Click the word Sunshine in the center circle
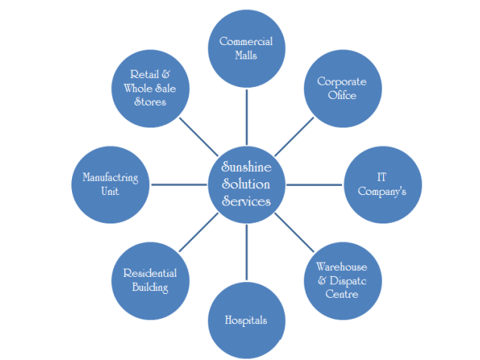pos(246,166)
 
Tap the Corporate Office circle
pos(341,88)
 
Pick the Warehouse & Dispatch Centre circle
pos(342,279)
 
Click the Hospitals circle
pos(246,319)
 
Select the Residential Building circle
pos(150,280)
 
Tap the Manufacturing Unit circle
pos(111,184)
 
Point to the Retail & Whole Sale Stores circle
pos(150,88)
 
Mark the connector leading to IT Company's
pos(315,184)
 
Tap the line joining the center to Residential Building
pos(198,232)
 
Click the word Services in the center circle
pos(246,201)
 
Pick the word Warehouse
pos(342,266)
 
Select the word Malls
pos(246,55)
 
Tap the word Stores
pos(150,102)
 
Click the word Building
pos(150,287)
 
